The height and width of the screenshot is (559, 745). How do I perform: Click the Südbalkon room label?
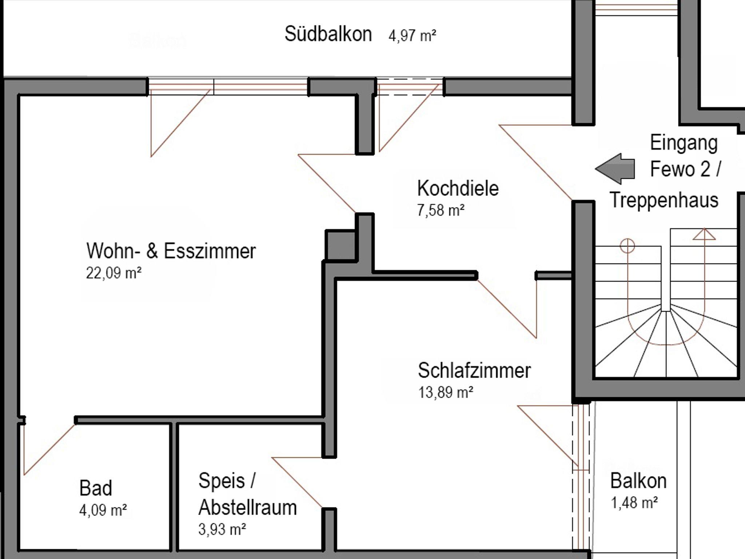(x=328, y=34)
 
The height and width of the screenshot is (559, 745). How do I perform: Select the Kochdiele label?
(x=458, y=188)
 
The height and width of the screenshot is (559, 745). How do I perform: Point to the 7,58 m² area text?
(x=441, y=210)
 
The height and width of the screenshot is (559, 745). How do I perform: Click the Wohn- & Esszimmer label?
(x=171, y=251)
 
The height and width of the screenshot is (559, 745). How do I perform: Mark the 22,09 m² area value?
(x=113, y=273)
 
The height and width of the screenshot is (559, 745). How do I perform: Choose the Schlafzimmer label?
(x=474, y=370)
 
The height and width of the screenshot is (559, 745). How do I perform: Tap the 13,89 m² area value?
(x=446, y=393)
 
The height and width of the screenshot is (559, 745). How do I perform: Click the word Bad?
(x=96, y=488)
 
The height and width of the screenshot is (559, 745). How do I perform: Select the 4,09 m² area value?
(x=103, y=510)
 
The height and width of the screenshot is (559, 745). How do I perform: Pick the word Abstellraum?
(x=247, y=507)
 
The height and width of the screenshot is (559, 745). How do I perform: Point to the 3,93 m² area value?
(x=222, y=529)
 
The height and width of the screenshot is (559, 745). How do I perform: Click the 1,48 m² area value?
(x=634, y=503)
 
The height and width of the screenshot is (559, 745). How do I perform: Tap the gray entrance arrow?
(x=615, y=169)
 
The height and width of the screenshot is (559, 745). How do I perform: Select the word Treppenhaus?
(x=664, y=200)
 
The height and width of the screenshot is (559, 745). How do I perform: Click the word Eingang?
(x=684, y=143)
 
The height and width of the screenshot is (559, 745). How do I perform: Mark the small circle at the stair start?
(x=627, y=246)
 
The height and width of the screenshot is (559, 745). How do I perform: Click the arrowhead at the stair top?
(x=704, y=234)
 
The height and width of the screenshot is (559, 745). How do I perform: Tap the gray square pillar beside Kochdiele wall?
(x=340, y=245)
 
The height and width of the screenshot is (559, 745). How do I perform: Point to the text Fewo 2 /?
(x=685, y=169)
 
